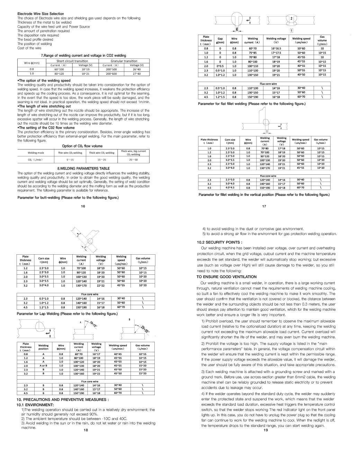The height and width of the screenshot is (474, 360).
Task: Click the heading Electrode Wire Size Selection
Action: (40, 14)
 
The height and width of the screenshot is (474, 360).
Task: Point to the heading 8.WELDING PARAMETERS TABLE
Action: (83, 168)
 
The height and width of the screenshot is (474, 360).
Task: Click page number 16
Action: (83, 206)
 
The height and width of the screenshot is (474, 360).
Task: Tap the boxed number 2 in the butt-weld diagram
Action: (291, 18)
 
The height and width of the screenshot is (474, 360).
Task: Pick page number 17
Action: (264, 206)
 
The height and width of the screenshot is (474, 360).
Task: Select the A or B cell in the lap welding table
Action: (44, 366)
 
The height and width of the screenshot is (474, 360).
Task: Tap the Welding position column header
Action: (44, 347)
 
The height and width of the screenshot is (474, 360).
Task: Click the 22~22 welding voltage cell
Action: (101, 285)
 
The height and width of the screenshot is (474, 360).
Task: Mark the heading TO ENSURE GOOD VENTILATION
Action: (226, 277)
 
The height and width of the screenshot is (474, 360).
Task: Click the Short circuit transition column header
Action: (72, 61)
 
